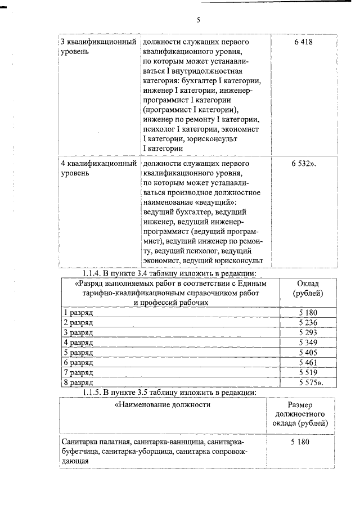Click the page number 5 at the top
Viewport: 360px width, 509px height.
click(x=198, y=20)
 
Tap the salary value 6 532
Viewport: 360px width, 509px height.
click(x=304, y=164)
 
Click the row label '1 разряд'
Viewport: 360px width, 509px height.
click(x=77, y=312)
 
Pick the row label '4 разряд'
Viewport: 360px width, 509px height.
click(x=78, y=343)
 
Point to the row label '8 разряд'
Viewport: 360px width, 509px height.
click(x=78, y=383)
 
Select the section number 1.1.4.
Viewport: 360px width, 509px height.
click(x=94, y=273)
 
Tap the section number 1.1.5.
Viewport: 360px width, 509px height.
click(x=94, y=392)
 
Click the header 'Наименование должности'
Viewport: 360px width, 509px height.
click(x=164, y=404)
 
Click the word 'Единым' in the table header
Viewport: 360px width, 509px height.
click(x=261, y=283)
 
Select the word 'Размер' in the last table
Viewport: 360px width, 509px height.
click(x=300, y=405)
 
